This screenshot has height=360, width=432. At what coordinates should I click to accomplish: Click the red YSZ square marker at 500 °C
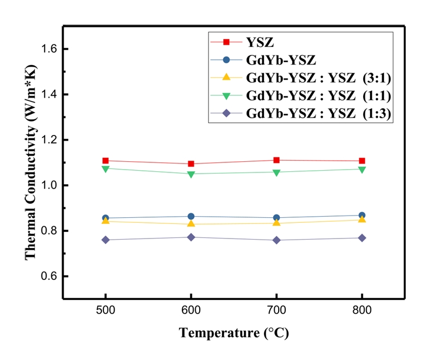(x=105, y=161)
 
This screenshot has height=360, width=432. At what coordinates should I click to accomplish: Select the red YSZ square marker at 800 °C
(x=362, y=161)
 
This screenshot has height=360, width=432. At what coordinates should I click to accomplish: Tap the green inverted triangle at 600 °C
(x=191, y=174)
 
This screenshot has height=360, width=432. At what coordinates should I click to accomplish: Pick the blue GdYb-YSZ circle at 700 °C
(x=276, y=217)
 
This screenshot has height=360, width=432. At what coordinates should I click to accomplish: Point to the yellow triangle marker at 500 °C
(x=105, y=221)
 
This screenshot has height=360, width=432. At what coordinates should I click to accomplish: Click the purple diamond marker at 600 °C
(x=191, y=237)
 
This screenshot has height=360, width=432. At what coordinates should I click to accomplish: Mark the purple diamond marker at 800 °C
(x=362, y=238)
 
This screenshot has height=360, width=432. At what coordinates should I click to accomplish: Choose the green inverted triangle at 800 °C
(x=362, y=169)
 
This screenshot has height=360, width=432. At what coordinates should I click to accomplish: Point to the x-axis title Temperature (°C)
(x=234, y=334)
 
